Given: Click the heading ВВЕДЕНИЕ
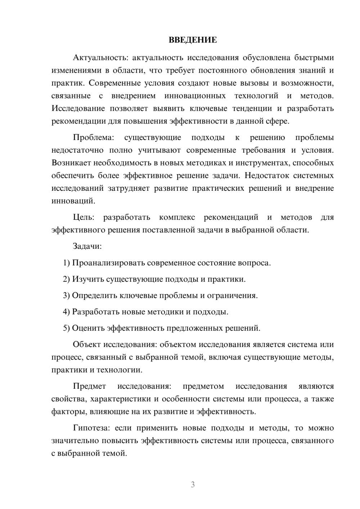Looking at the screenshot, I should [x=193, y=40].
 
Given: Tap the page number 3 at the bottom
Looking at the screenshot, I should [x=193, y=485].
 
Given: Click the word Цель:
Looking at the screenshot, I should [x=84, y=217].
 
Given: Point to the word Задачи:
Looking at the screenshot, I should [x=87, y=246].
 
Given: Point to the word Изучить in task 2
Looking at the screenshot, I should [x=86, y=279].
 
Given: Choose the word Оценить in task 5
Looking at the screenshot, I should [x=86, y=328].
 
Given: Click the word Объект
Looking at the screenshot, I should [x=87, y=344].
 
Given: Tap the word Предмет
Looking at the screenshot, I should [x=89, y=386].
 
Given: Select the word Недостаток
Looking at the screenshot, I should [x=267, y=176].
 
